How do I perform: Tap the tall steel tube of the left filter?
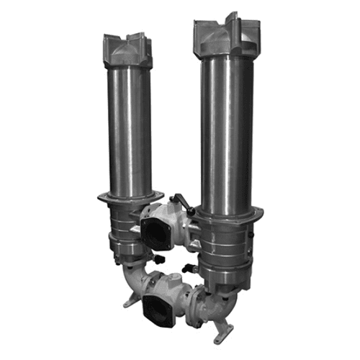click(130, 130)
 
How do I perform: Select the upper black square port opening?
click(156, 230)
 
